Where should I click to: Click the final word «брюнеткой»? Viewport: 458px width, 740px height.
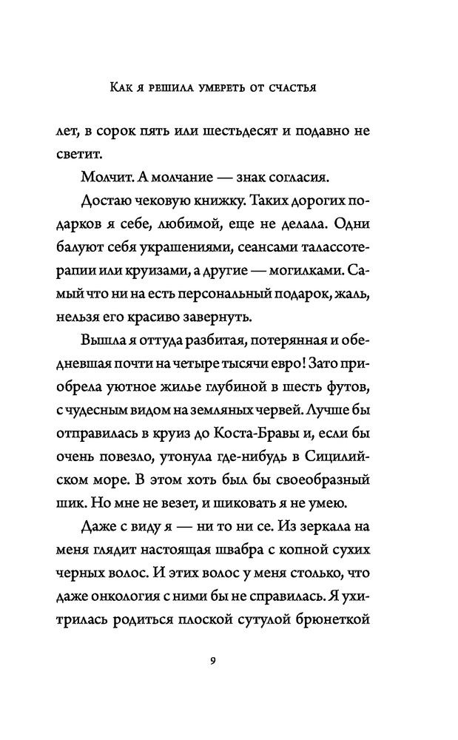coord(333,625)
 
